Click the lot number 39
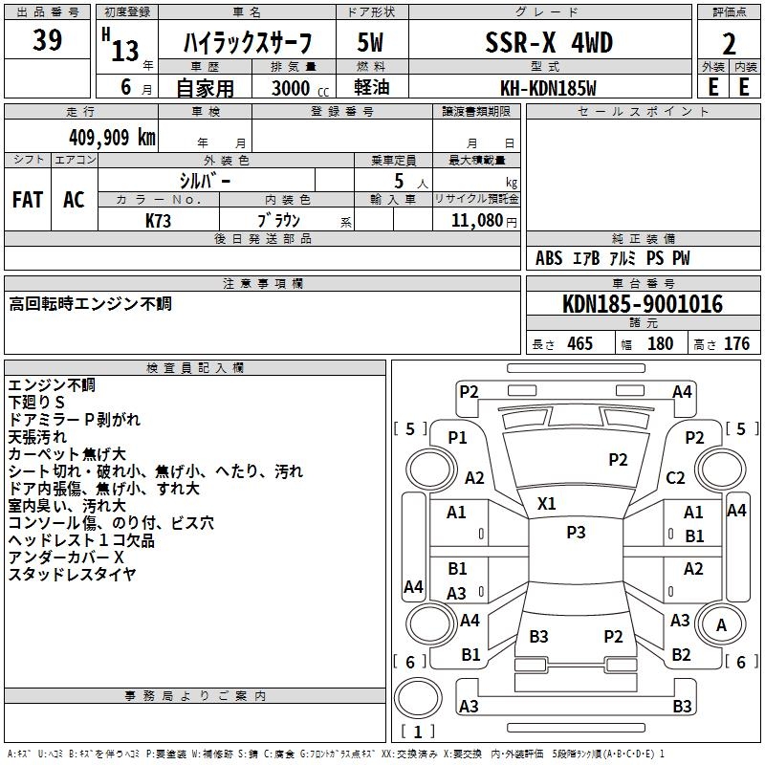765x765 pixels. [47, 40]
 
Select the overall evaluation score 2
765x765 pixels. [729, 44]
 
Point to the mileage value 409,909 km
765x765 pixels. [112, 138]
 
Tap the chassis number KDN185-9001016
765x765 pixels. [643, 304]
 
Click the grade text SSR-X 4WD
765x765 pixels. [549, 42]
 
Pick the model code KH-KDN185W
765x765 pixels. [548, 88]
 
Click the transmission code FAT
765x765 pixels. [28, 200]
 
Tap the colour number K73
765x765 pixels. [158, 221]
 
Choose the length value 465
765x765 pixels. [579, 343]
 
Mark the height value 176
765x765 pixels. [736, 343]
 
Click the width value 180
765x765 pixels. [660, 343]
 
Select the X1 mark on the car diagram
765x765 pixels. [546, 504]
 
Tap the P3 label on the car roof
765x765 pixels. [576, 532]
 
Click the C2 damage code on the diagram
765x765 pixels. [675, 477]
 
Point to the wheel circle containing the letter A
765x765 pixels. [721, 624]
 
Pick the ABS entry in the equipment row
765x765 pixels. [549, 258]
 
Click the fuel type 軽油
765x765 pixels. [372, 87]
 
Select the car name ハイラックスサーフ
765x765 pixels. [248, 43]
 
